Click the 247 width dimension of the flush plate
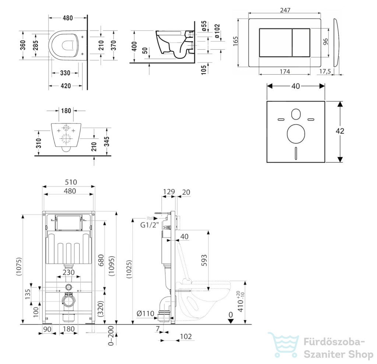pos(285,10)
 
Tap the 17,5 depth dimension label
pos(325,71)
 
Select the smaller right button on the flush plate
pos(301,43)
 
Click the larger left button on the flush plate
pos(275,43)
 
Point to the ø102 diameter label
pos(217,31)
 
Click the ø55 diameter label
pos(204,26)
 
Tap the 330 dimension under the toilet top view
pos(65,73)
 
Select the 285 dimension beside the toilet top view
pos(35,45)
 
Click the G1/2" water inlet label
pos(149,225)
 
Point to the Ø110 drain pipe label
pos(145,313)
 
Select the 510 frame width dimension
pos(71,182)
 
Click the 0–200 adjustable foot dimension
pos(111,336)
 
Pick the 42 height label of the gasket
pos(340,131)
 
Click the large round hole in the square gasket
pos(296,133)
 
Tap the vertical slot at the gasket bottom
pos(296,153)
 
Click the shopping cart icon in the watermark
pos(284,345)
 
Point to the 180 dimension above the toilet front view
pos(66,111)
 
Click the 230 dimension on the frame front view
pos(68,272)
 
